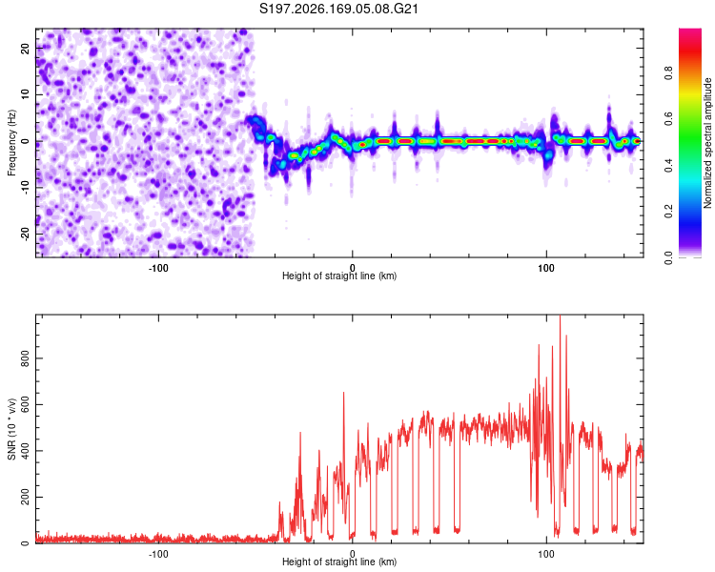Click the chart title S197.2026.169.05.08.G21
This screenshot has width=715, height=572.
pyautogui.click(x=338, y=9)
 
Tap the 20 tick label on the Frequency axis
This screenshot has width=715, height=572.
pyautogui.click(x=25, y=49)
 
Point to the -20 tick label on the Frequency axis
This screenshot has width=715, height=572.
pyautogui.click(x=25, y=234)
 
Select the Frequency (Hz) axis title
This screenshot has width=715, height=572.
pyautogui.click(x=11, y=143)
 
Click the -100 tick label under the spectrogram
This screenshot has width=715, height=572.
pyautogui.click(x=158, y=268)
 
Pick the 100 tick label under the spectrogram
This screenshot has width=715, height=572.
pyautogui.click(x=546, y=268)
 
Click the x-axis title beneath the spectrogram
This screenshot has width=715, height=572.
pyautogui.click(x=339, y=276)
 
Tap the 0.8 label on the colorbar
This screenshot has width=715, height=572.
pyautogui.click(x=669, y=73)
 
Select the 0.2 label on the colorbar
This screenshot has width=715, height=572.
pyautogui.click(x=669, y=212)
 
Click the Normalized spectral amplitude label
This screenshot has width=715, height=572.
pyautogui.click(x=707, y=143)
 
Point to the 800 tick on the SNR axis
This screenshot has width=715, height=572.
pyautogui.click(x=25, y=358)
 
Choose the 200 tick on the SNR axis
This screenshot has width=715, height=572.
pyautogui.click(x=25, y=498)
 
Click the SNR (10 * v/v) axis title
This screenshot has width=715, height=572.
pyautogui.click(x=11, y=429)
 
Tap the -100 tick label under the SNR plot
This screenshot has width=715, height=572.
pyautogui.click(x=158, y=554)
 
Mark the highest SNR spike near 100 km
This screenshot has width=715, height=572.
pyautogui.click(x=560, y=317)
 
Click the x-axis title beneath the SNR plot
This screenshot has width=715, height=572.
pyautogui.click(x=339, y=562)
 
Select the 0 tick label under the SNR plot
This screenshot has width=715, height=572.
pyautogui.click(x=352, y=554)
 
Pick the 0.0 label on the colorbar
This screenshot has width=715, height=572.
pyautogui.click(x=669, y=257)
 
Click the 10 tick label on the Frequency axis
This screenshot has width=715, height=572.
pyautogui.click(x=25, y=94)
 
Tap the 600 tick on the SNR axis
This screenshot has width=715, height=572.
pyautogui.click(x=25, y=405)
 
